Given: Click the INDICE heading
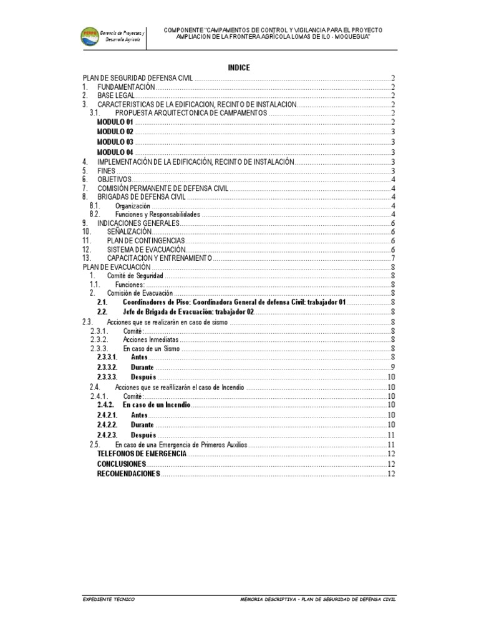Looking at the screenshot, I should [x=239, y=67].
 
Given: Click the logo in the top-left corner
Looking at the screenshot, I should [x=93, y=36].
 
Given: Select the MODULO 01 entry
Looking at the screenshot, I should [x=115, y=123].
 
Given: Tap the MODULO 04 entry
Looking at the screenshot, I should [x=115, y=152].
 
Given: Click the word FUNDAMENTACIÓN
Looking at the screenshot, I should [x=125, y=87].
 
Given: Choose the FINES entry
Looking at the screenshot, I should [x=106, y=170].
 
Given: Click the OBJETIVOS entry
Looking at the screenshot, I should [x=114, y=179].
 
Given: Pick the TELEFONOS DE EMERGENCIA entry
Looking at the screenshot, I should [x=142, y=454].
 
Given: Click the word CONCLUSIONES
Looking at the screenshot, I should [x=122, y=464].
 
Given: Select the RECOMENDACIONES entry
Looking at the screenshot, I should [x=128, y=474].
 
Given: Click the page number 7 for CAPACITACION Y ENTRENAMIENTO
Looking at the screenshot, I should [x=393, y=258].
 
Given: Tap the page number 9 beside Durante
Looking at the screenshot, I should [x=393, y=366].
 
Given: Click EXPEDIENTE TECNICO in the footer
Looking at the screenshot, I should [x=108, y=599].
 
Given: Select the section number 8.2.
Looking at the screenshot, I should [x=95, y=214].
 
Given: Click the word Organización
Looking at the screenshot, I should [x=133, y=205].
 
